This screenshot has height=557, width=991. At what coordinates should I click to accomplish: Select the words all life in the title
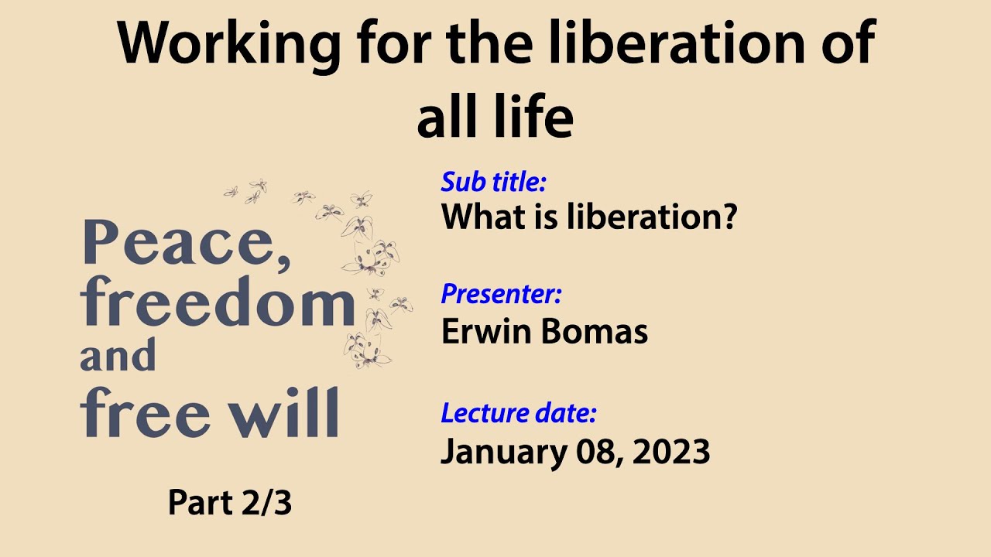[495, 118]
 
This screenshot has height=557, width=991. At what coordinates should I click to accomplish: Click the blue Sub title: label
[494, 183]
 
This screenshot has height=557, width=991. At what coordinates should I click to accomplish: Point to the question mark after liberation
[725, 218]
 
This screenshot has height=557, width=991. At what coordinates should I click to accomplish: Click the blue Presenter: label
[501, 295]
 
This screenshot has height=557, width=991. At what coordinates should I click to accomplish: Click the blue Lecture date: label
[519, 413]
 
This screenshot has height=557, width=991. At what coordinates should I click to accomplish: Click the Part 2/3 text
[230, 504]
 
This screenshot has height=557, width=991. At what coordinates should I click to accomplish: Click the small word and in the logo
[118, 357]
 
